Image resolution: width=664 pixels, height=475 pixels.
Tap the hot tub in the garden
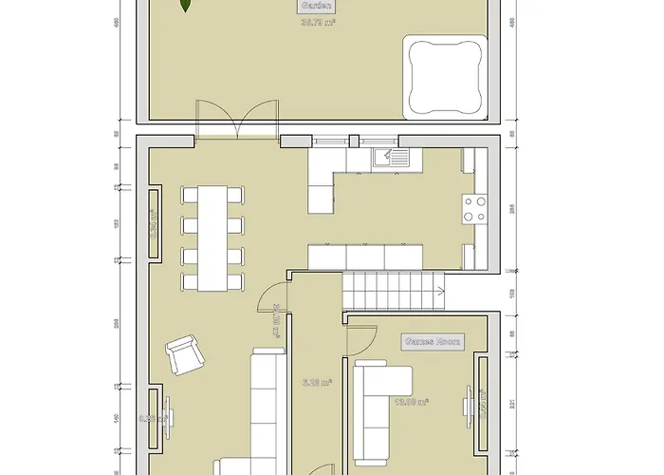click(x=444, y=77)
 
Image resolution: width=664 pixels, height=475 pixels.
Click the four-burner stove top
click(x=474, y=208)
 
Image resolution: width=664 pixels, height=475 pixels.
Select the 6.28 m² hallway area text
click(x=317, y=383)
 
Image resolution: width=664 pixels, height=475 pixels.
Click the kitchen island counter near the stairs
click(x=364, y=256)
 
